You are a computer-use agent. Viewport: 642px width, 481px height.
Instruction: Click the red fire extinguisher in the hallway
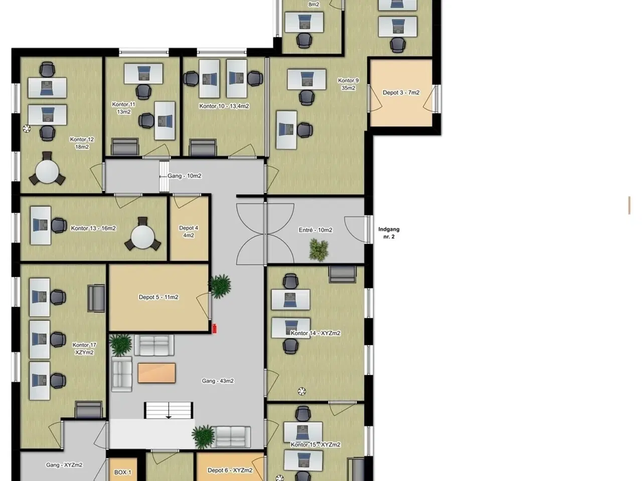pos(214,329)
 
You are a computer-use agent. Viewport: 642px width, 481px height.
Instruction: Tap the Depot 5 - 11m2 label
pos(158,297)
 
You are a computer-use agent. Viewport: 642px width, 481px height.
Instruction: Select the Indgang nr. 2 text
pos(389,233)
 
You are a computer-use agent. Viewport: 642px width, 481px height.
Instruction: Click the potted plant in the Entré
pos(319,250)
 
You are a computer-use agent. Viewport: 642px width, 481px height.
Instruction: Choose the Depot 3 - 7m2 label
pos(401,93)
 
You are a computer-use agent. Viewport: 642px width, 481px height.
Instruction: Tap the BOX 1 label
pos(122,472)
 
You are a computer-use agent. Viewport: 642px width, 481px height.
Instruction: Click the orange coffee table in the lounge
pos(156,373)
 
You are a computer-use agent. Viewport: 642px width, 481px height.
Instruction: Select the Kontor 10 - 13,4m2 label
pos(224,106)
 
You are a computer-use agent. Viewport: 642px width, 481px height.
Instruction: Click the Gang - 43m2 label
pos(218,381)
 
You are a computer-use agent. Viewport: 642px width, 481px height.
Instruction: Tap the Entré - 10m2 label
pos(315,230)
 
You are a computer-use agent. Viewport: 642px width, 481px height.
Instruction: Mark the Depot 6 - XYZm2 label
pos(230,470)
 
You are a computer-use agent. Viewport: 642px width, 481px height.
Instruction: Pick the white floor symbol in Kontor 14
pos(302,391)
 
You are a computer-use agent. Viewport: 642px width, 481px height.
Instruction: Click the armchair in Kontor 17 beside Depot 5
pos(96,298)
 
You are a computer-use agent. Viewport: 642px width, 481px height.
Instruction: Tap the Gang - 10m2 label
pos(184,176)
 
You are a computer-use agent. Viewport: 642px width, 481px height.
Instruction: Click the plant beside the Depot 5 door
pos(220,286)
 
